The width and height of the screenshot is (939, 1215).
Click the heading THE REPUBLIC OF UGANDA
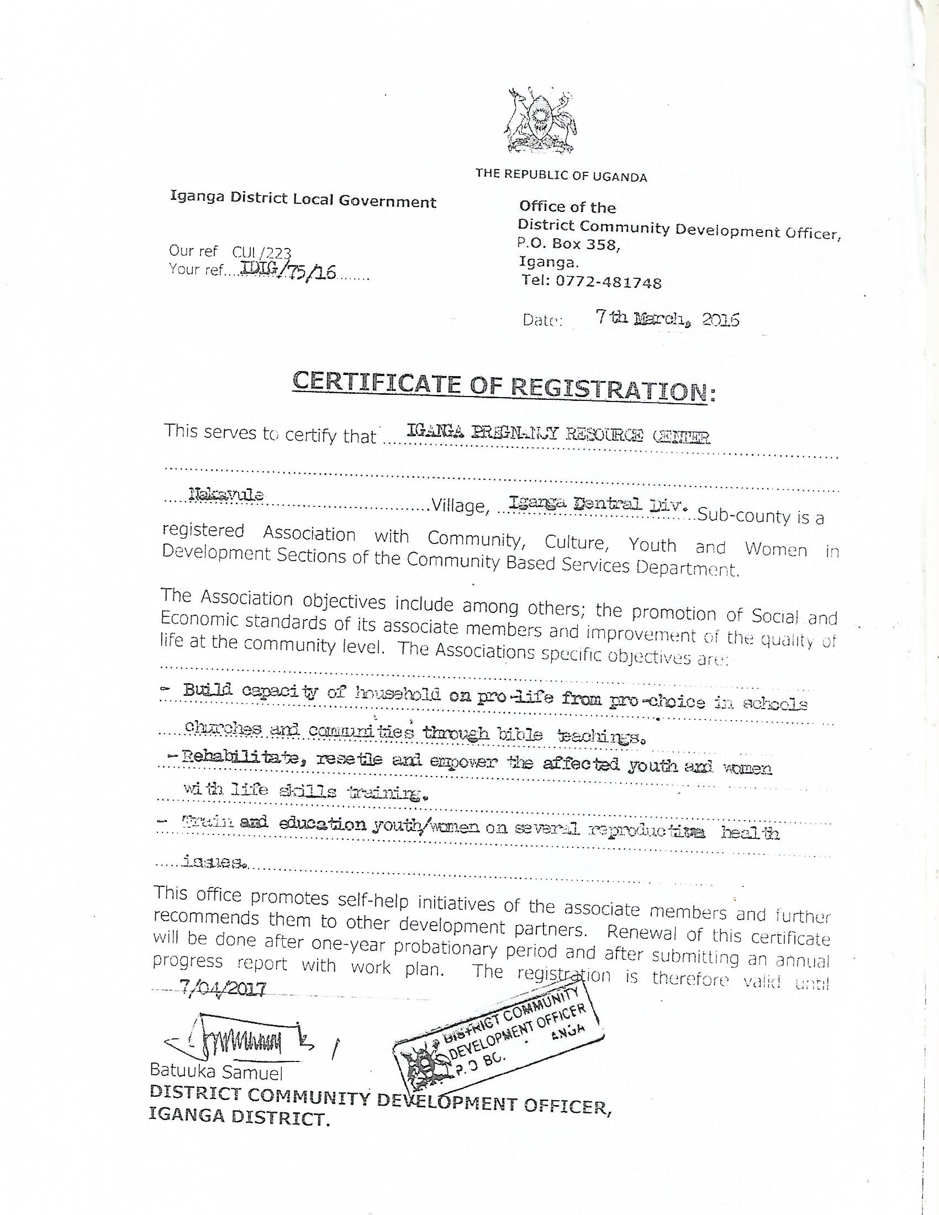pos(561,176)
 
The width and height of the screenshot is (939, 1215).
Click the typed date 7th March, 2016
pos(667,319)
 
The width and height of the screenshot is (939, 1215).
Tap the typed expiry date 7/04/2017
pos(223,987)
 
